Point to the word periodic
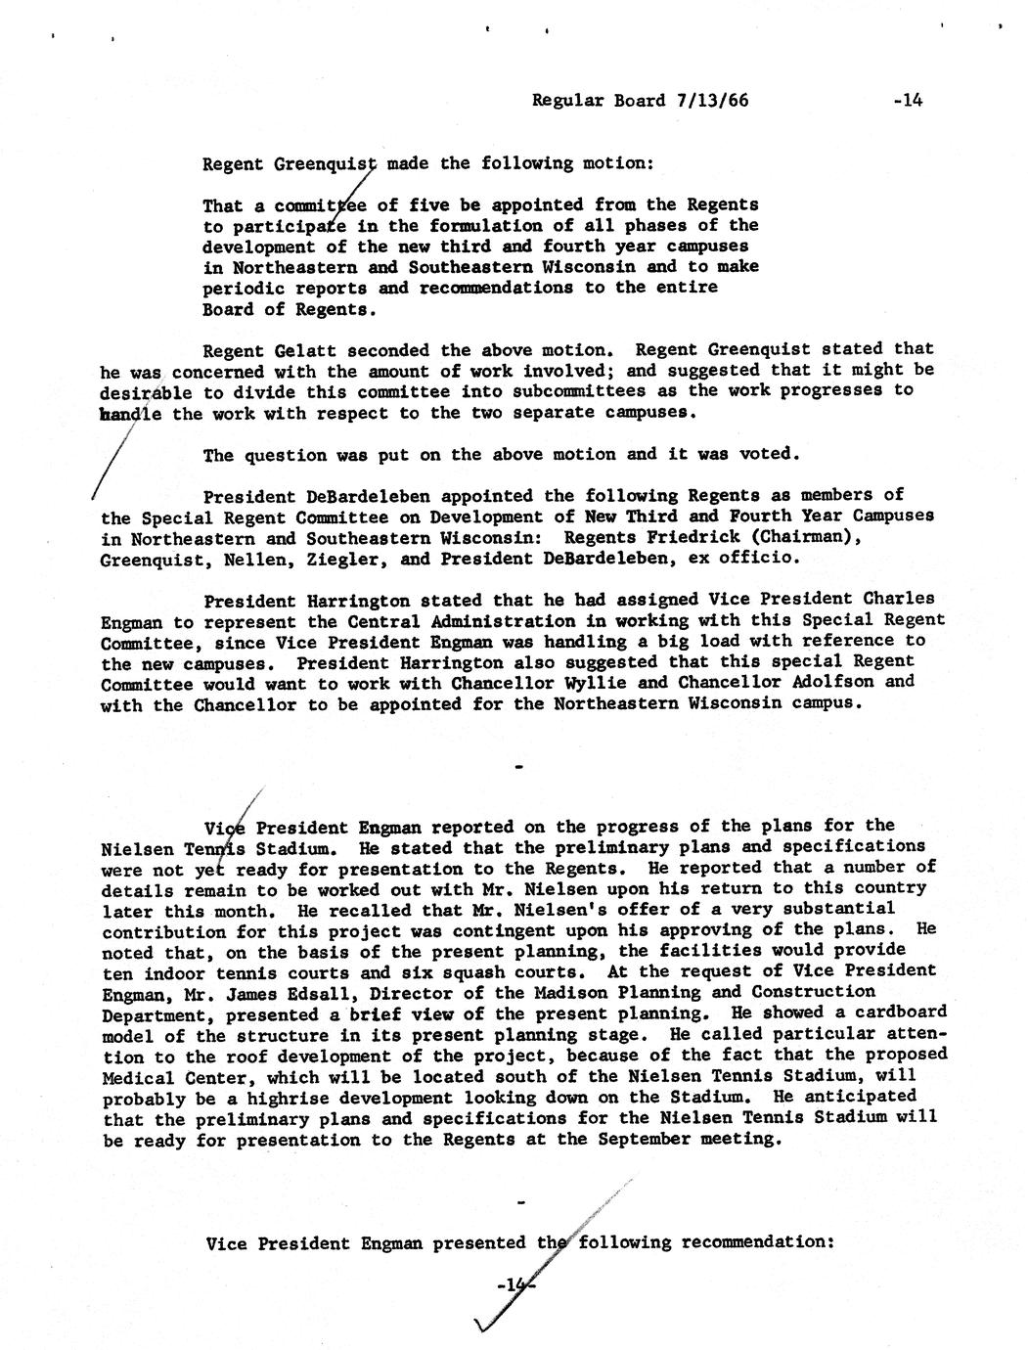pyautogui.click(x=244, y=289)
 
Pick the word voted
pyautogui.click(x=773, y=454)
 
